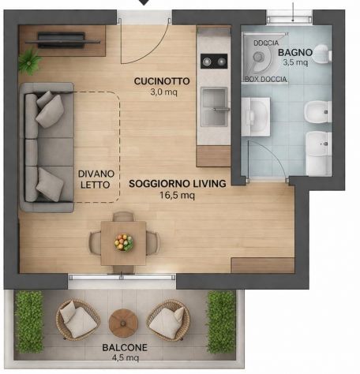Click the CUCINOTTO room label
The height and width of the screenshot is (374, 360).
[162, 81]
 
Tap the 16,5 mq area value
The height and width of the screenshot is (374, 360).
[177, 196]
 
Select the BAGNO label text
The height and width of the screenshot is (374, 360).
[295, 53]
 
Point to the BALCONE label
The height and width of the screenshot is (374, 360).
[125, 347]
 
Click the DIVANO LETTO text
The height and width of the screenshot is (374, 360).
[95, 179]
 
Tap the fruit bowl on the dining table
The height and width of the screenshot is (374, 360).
[124, 242]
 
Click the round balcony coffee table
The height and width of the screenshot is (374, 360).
[123, 323]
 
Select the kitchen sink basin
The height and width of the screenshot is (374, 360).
[214, 107]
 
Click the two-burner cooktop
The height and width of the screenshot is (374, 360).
[214, 62]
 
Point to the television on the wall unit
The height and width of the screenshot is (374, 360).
[62, 40]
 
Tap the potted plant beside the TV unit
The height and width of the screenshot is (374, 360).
[30, 61]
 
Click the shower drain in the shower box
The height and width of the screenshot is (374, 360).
[258, 56]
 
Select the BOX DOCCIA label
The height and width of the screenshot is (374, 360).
[266, 79]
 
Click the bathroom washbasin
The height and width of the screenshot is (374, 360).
[256, 117]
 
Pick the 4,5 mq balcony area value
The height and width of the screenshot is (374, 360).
[126, 357]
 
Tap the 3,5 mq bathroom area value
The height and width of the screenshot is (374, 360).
[295, 62]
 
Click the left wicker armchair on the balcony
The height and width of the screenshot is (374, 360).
[77, 320]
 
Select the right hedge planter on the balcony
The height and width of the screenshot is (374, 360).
[221, 322]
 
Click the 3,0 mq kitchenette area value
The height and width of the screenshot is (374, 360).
[163, 92]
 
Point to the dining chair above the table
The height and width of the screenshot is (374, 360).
[123, 216]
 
